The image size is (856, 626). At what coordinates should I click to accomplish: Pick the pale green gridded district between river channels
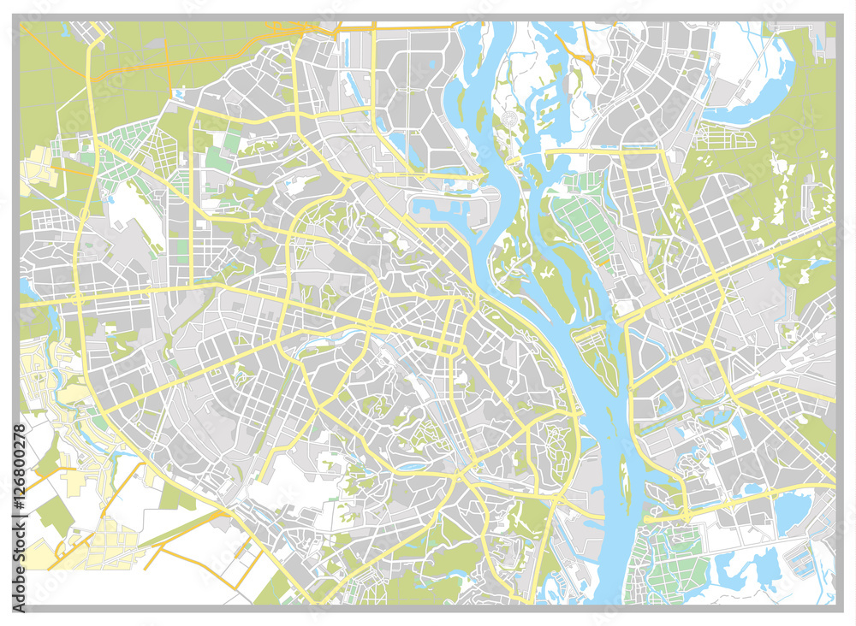pyautogui.click(x=582, y=222)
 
